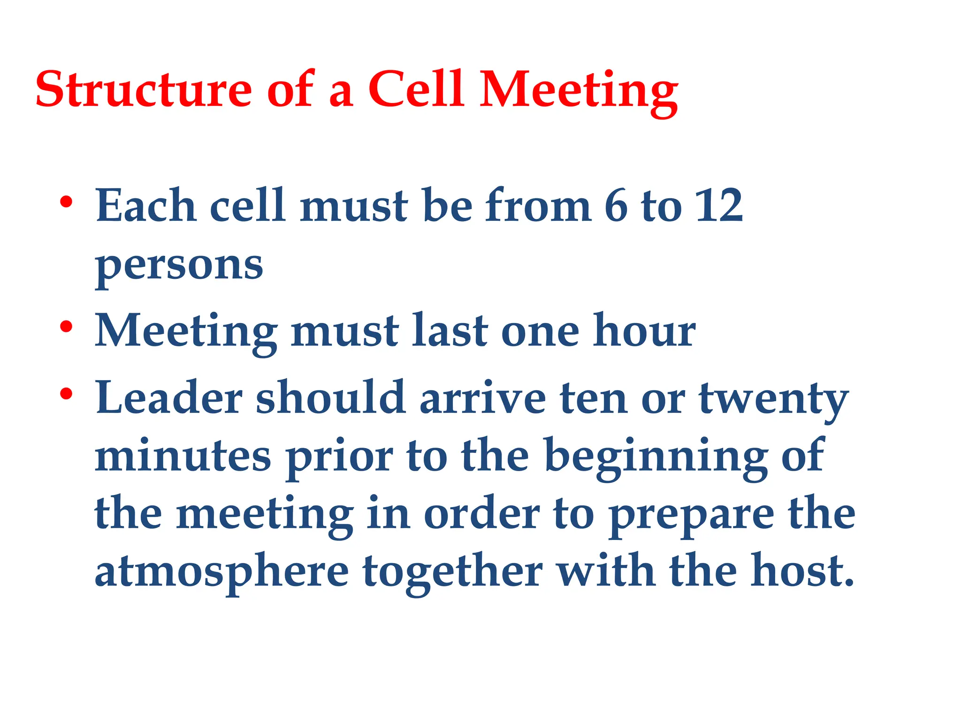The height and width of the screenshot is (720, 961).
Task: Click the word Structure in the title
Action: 144,89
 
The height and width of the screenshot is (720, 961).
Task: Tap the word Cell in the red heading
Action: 415,89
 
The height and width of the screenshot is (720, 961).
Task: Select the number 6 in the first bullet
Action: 616,206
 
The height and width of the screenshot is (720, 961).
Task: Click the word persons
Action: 179,266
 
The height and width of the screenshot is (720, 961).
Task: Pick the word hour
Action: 644,331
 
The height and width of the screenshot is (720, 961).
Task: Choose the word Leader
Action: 169,398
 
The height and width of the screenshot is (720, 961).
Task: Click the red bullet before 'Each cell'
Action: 66,202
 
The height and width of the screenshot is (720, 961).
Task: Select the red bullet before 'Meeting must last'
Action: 66,327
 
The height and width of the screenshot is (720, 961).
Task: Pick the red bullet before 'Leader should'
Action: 66,394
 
